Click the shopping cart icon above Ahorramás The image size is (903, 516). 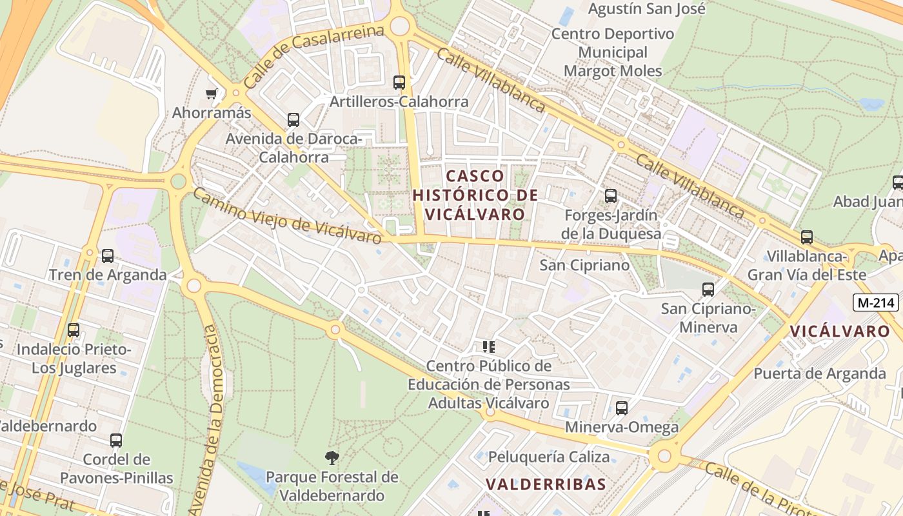pos(211,94)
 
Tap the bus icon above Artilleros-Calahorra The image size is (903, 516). pos(399,83)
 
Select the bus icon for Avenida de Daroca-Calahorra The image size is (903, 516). pos(293,120)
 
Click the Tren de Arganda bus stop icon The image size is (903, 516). pos(108,256)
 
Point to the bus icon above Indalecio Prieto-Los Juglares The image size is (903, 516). pos(74,330)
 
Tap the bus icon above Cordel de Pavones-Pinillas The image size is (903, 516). pos(116,441)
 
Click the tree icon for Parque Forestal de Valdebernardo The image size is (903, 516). pos(332,458)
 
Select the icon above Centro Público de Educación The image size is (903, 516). pos(488,347)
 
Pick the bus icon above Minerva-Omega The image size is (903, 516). pos(622,408)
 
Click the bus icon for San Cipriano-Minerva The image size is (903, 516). pos(708,290)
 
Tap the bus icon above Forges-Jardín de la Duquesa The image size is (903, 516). pos(611,196)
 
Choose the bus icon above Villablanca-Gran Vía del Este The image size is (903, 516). pos(807,237)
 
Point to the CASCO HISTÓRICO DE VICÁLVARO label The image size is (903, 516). pos(475,194)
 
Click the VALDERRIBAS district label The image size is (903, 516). pos(546,484)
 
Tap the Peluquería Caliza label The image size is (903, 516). pos(548,457)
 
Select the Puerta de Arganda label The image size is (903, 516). pos(820,373)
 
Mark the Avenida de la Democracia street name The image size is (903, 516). pos(213,419)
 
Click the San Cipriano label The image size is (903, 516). pos(584,265)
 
